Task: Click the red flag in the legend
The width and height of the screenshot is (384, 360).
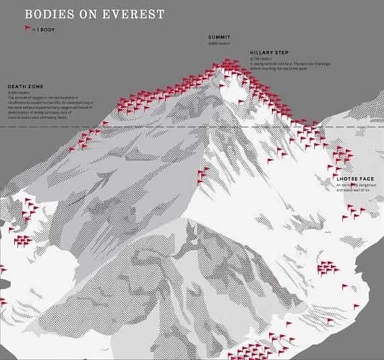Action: tap(27, 28)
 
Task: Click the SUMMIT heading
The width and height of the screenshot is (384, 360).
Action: tap(219, 37)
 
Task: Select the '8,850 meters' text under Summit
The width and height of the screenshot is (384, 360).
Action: tap(219, 43)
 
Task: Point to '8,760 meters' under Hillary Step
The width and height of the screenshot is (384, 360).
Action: tap(260, 59)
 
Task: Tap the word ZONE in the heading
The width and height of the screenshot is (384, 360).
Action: tap(35, 86)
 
